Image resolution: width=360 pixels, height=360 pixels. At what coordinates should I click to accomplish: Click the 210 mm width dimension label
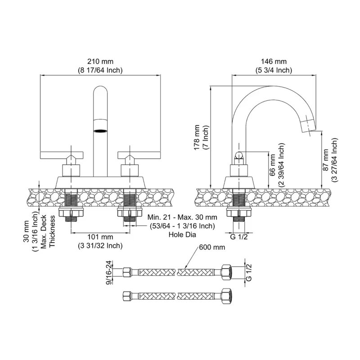click(x=100, y=62)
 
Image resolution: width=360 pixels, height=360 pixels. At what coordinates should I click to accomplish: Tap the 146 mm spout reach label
click(x=274, y=62)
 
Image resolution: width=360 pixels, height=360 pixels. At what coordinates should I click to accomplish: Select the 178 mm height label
click(x=197, y=138)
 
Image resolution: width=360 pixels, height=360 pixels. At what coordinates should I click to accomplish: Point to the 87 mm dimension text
click(x=326, y=160)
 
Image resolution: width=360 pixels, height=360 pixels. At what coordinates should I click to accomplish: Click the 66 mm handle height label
click(x=272, y=165)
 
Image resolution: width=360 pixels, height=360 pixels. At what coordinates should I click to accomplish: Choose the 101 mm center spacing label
click(x=100, y=237)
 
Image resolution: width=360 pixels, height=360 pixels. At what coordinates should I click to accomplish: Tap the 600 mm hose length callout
click(x=212, y=247)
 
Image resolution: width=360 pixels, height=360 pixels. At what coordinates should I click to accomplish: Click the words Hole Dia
click(x=183, y=234)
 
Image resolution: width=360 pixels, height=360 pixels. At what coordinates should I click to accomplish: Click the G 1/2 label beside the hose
click(x=249, y=273)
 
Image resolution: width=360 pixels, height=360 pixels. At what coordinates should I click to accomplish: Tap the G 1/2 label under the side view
click(x=239, y=237)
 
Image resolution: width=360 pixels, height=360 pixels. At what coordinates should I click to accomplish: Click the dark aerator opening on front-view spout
click(x=100, y=131)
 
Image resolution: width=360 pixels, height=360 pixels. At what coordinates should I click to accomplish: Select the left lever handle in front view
click(x=62, y=155)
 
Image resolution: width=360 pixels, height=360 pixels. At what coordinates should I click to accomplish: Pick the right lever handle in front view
click(x=139, y=155)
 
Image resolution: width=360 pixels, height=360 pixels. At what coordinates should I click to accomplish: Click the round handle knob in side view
click(x=239, y=155)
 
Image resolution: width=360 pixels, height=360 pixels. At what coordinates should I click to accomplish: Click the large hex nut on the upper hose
click(x=227, y=272)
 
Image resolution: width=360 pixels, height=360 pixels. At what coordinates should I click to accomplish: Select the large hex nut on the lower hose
click(x=227, y=296)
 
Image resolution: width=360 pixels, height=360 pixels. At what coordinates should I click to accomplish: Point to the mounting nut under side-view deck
click(x=239, y=212)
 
